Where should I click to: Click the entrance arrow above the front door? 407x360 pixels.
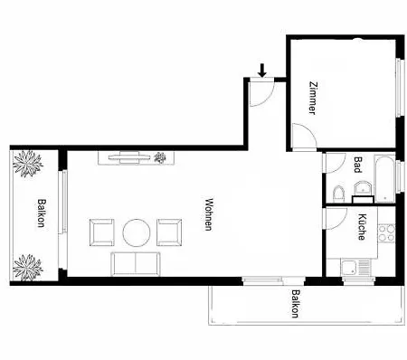(262, 69)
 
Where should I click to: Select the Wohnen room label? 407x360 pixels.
(209, 214)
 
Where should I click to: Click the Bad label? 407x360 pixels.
(358, 165)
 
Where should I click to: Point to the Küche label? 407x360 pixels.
(361, 226)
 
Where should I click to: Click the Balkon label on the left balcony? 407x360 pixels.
(42, 214)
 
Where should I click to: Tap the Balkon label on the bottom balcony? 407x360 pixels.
(296, 305)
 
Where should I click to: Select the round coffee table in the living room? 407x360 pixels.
(137, 232)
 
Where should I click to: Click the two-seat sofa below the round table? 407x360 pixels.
(137, 265)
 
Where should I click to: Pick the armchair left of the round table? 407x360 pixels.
(101, 232)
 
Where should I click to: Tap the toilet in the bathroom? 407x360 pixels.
(337, 192)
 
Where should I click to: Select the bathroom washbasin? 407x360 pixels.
(362, 189)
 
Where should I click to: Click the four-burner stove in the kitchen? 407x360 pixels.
(386, 232)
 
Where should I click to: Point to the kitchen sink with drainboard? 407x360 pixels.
(351, 268)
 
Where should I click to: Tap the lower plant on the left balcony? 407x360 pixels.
(29, 267)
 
